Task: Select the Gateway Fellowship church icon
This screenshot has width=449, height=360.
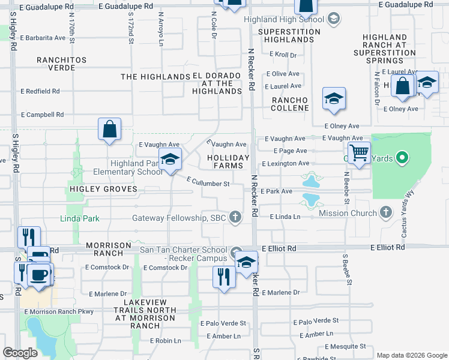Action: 236,217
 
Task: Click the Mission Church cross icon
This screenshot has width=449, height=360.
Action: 385,212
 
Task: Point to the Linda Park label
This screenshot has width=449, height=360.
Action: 80,218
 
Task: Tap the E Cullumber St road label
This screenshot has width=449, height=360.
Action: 208,182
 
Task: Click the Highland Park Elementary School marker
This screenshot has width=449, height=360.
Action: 170,160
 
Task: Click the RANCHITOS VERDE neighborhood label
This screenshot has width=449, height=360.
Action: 62,64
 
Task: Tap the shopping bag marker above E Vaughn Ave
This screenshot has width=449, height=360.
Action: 110,129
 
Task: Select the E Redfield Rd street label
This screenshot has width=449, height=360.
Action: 40,91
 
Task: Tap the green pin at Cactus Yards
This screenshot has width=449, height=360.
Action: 403,158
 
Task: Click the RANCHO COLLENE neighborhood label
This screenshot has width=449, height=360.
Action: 290,104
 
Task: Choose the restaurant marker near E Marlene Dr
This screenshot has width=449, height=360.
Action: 224,277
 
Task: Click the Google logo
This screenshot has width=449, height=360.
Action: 20,353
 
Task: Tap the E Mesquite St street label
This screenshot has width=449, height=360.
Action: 345,346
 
